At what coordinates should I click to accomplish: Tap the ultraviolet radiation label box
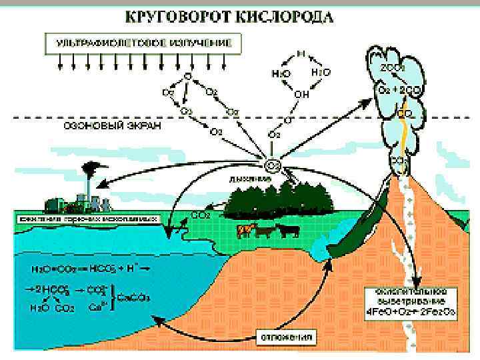click(x=144, y=42)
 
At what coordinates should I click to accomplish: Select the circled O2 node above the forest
click(x=273, y=165)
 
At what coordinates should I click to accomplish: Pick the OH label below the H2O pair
click(x=301, y=95)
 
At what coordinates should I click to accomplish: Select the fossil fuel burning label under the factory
click(x=87, y=218)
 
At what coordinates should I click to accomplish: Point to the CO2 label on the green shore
click(x=201, y=215)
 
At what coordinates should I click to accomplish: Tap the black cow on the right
click(x=288, y=230)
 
